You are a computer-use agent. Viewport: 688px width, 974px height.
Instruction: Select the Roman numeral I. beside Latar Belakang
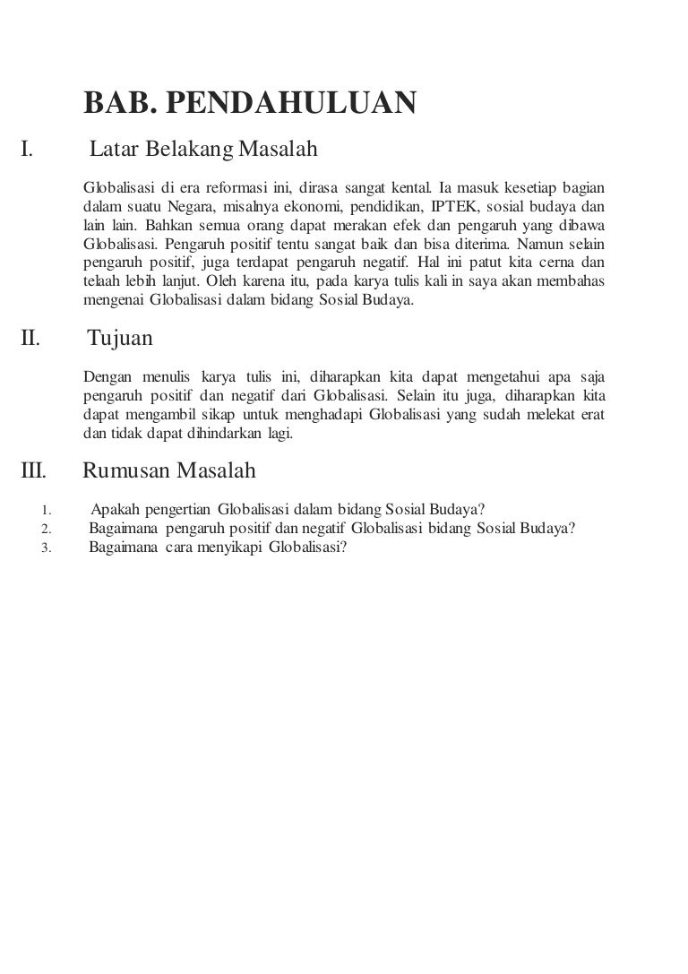[x=27, y=149]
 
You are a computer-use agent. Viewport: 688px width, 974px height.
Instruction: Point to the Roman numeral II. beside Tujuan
[x=30, y=339]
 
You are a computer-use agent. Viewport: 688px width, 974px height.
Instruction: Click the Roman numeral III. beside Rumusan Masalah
[x=34, y=470]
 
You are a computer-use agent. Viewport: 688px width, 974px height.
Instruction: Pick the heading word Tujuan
[x=121, y=339]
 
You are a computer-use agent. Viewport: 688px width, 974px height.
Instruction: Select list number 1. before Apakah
[x=46, y=513]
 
